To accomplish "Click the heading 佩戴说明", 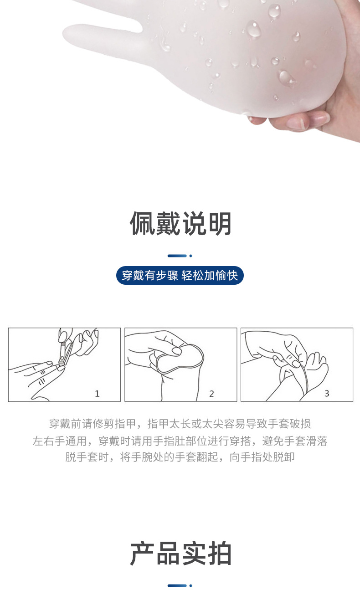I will click(x=180, y=224).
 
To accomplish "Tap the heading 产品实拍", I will click(x=180, y=554).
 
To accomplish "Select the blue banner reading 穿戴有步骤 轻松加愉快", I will click(x=180, y=276).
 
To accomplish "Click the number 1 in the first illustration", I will click(x=97, y=394).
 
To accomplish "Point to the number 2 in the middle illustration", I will click(x=211, y=394).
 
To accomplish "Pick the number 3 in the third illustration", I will click(x=327, y=394).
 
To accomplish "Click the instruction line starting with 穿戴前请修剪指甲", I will click(x=180, y=424).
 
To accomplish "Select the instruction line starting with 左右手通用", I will click(x=180, y=441).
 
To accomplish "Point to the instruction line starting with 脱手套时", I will click(x=180, y=457).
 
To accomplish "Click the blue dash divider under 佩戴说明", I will click(x=180, y=256).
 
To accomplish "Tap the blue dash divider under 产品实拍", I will click(x=180, y=585).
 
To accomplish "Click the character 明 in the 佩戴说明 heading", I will click(x=219, y=224).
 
